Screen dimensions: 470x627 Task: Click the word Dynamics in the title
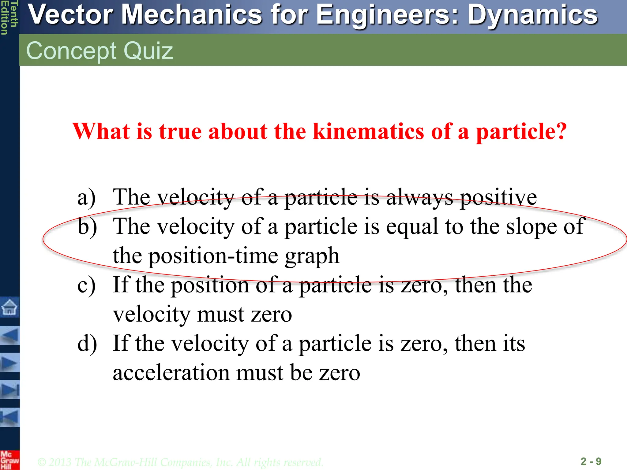click(532, 15)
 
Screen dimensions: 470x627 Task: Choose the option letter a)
click(87, 197)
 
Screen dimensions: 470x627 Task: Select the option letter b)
click(87, 226)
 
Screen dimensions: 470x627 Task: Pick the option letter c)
click(87, 285)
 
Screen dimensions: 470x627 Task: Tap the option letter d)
click(87, 343)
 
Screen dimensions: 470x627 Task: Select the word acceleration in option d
click(171, 373)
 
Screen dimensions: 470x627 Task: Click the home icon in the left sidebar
click(9, 307)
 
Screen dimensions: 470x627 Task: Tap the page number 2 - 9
click(591, 461)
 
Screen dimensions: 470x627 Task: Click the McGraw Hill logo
click(9, 460)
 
